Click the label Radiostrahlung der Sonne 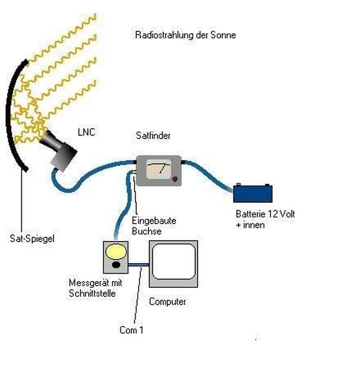(x=186, y=35)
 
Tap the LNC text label (x=87, y=132)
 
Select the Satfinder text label (x=153, y=135)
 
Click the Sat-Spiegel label (x=32, y=238)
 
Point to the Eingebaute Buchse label (x=154, y=226)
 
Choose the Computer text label (x=168, y=301)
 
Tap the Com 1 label (x=132, y=330)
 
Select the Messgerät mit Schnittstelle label (x=96, y=288)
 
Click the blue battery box (x=253, y=193)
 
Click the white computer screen (x=174, y=261)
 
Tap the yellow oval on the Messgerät (x=116, y=251)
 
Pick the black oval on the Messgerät (x=116, y=265)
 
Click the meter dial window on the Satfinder (x=159, y=169)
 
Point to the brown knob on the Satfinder (x=175, y=179)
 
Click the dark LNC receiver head (x=58, y=150)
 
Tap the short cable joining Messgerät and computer (x=138, y=265)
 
